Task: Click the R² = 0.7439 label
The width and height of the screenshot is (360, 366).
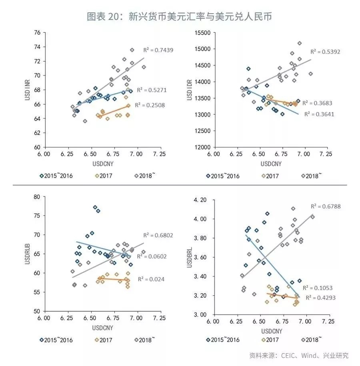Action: tap(158, 50)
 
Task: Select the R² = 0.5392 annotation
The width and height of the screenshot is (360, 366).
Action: tap(326, 52)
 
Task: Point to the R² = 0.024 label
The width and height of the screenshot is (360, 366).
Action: tap(151, 279)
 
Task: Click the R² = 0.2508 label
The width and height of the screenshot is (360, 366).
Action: tap(150, 105)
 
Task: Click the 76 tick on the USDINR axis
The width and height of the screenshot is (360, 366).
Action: tap(37, 33)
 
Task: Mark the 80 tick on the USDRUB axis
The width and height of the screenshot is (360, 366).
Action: tap(37, 197)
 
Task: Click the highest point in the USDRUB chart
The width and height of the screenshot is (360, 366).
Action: tap(95, 207)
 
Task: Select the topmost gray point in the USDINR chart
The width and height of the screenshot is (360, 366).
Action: tap(132, 50)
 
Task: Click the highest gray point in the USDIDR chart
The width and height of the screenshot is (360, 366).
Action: tap(300, 43)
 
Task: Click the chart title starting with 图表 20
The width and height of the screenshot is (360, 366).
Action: tap(180, 16)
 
